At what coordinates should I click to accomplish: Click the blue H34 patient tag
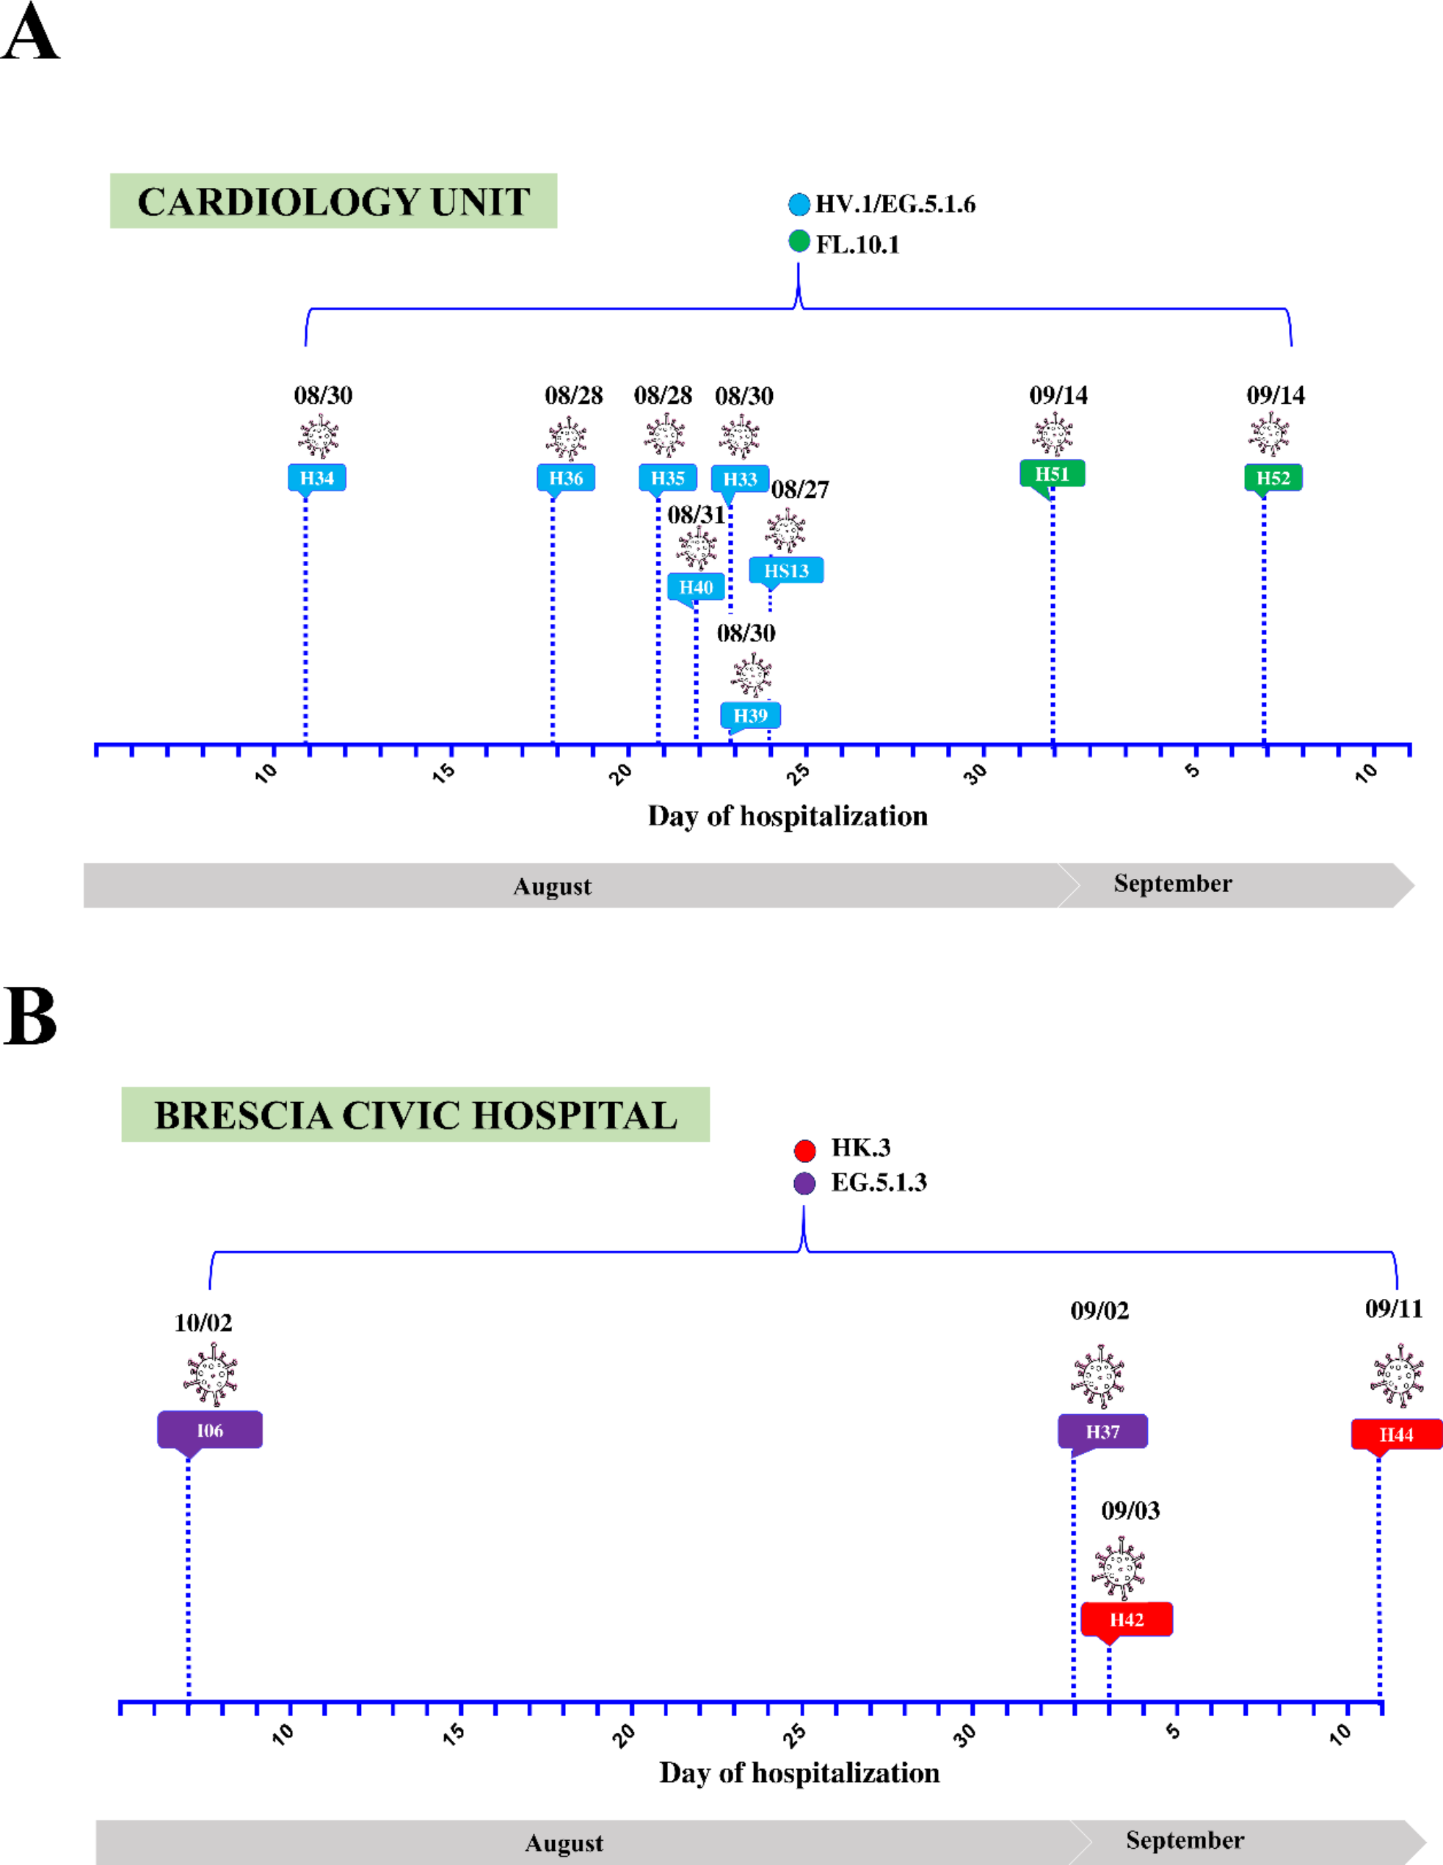(x=317, y=478)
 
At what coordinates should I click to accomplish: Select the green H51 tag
(x=1052, y=474)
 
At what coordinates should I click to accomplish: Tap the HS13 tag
(x=785, y=571)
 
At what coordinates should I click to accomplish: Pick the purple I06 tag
(x=209, y=1430)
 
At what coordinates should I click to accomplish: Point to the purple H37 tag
(x=1102, y=1431)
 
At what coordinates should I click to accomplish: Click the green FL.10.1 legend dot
(x=799, y=242)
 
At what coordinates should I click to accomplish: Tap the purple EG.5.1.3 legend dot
(x=804, y=1184)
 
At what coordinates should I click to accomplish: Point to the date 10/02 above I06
(x=203, y=1322)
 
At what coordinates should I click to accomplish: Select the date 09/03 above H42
(x=1130, y=1510)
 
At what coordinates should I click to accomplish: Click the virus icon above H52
(x=1269, y=435)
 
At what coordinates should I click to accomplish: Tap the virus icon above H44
(x=1397, y=1375)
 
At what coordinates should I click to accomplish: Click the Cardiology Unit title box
(x=333, y=201)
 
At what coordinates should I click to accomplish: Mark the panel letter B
(x=30, y=1016)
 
